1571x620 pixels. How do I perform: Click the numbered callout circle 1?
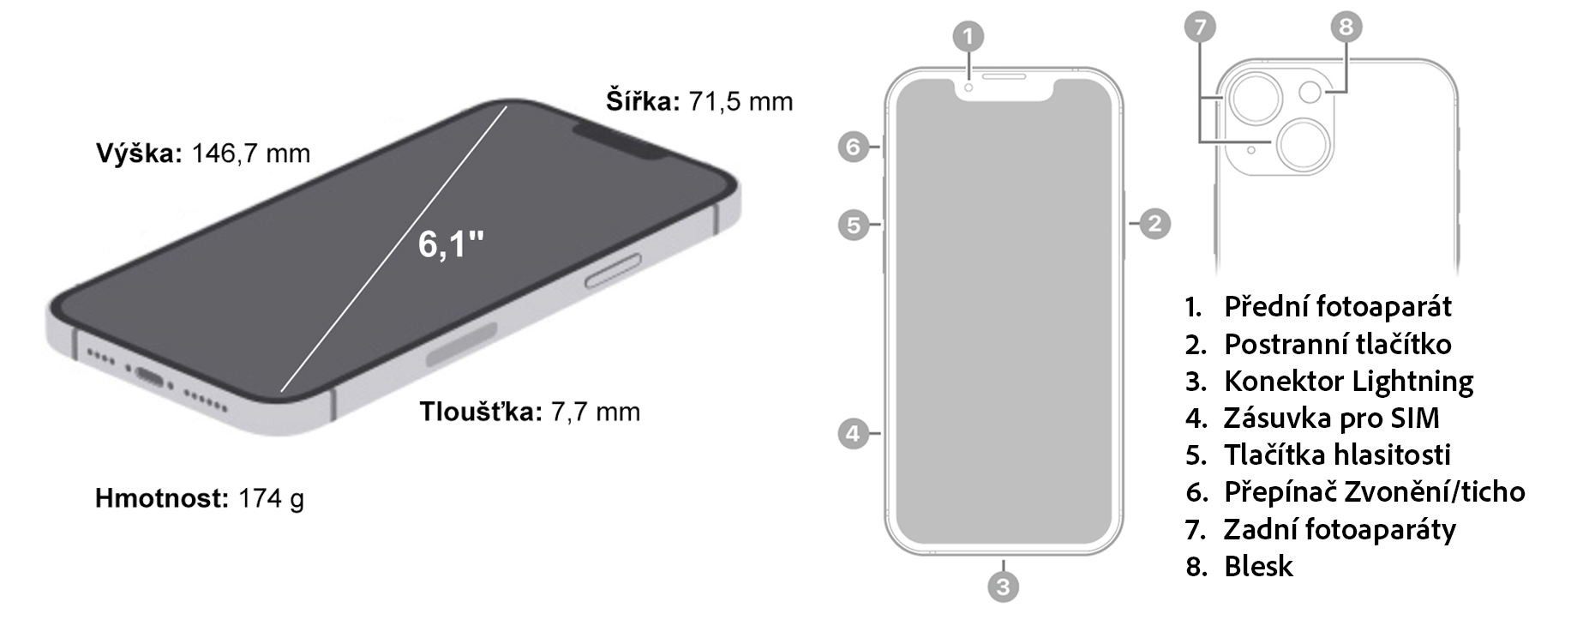coord(968,37)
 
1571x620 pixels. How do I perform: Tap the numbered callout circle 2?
coord(1154,224)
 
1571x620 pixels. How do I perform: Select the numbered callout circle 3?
coord(1003,587)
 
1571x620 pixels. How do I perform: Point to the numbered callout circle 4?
coord(853,434)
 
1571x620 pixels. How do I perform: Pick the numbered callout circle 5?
coord(853,226)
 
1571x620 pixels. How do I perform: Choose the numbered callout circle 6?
coord(853,147)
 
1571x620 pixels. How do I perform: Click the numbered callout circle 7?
coord(1200,27)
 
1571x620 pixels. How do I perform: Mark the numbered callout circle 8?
coord(1346,27)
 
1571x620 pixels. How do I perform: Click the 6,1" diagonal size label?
coord(451,244)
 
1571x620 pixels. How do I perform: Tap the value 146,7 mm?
coord(250,153)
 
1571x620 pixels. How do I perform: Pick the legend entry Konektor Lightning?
coord(1348,381)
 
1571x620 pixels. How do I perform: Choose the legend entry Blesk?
coord(1258,566)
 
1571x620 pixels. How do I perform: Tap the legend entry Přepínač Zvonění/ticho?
coord(1374,492)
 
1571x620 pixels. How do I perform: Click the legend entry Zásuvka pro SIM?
coord(1331,418)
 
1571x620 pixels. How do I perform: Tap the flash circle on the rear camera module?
coord(1310,91)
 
